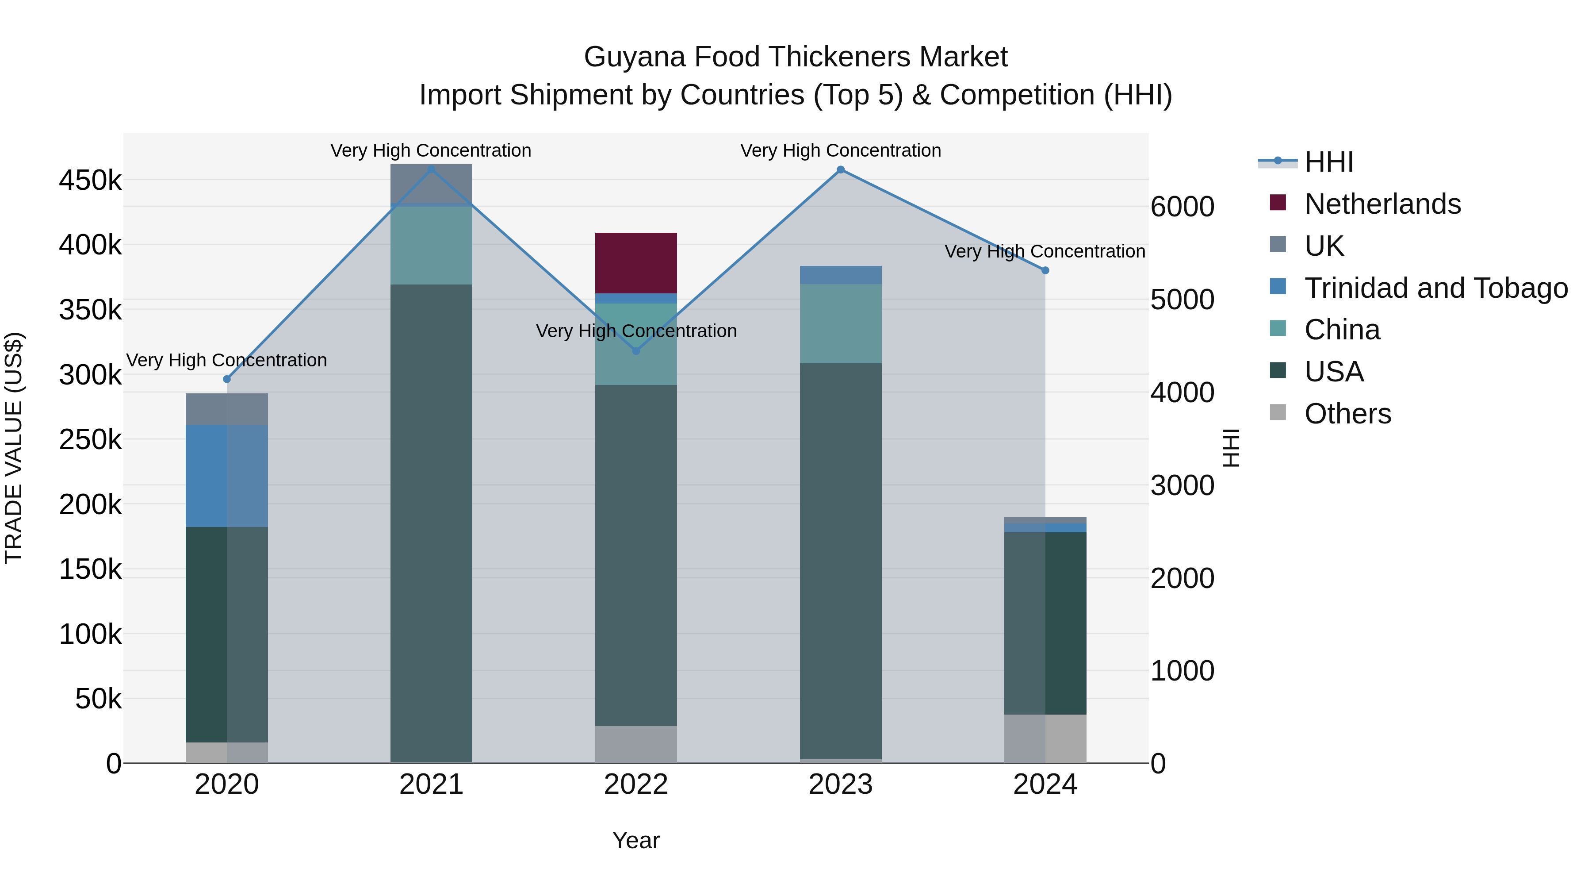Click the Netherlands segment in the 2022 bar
point(636,263)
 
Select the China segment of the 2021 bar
point(431,245)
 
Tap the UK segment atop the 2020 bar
point(227,409)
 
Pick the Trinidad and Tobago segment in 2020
point(227,476)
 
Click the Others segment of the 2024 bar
point(1045,738)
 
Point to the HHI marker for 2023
point(841,169)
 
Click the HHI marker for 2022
point(636,350)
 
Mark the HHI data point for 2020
point(227,379)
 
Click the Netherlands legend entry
point(1382,204)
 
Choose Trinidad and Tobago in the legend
point(1435,288)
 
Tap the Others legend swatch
point(1278,412)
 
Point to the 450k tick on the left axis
point(90,181)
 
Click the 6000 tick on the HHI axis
point(1182,207)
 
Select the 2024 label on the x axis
point(1045,784)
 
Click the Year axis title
point(636,840)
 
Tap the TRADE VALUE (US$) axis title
point(14,448)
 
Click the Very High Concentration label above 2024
point(1045,252)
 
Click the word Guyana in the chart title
point(634,57)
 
